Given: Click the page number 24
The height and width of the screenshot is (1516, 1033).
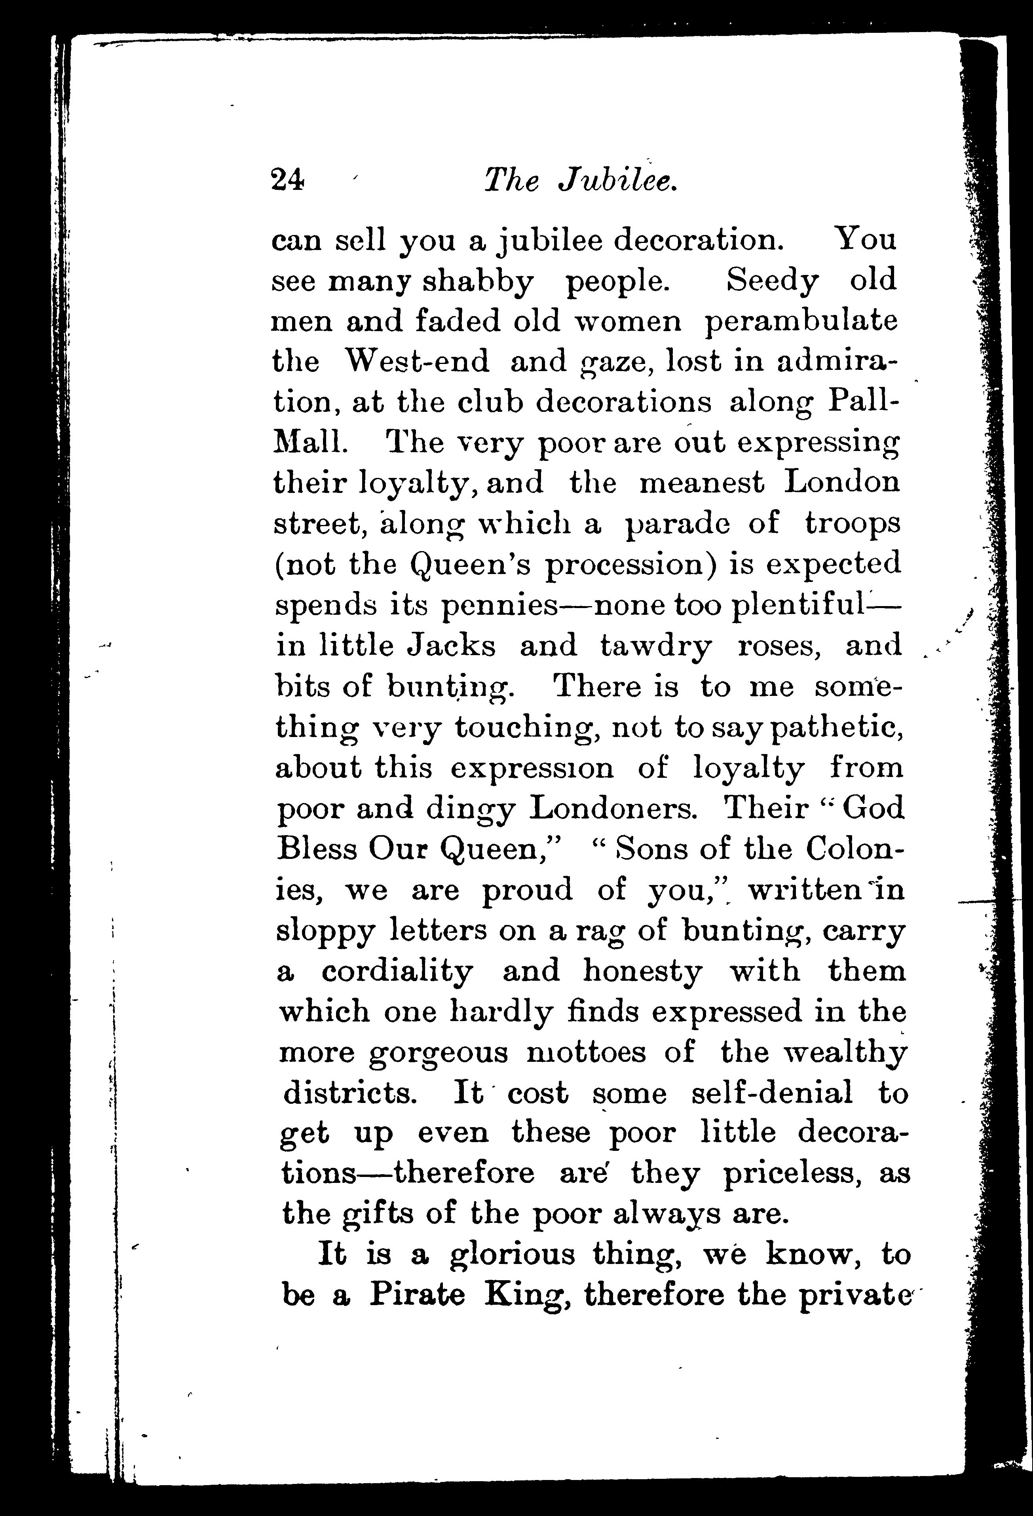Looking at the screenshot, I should [x=287, y=179].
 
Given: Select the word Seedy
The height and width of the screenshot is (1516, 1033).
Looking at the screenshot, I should [x=771, y=281].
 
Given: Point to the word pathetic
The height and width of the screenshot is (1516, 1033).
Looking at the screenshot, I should [x=837, y=728].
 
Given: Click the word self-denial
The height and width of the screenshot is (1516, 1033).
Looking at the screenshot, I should [x=771, y=1093].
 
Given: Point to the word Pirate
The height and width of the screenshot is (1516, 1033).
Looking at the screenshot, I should [x=417, y=1295].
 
